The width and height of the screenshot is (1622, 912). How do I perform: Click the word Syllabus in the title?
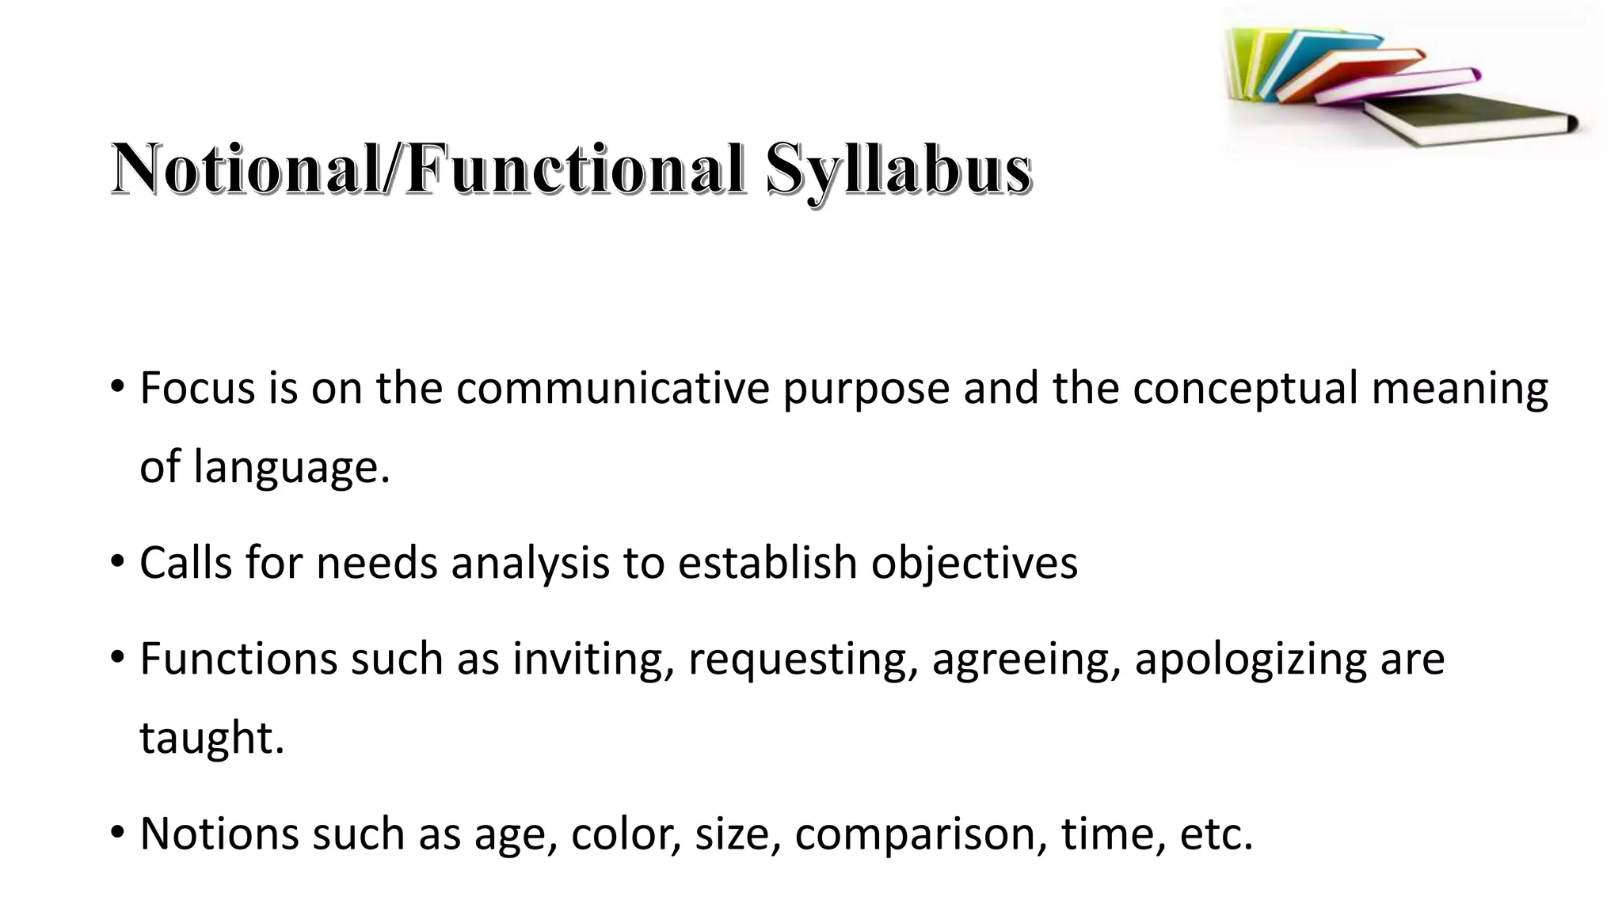pos(898,169)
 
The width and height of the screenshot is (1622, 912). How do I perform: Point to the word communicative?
pos(612,389)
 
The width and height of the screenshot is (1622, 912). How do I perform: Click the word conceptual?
pos(1244,389)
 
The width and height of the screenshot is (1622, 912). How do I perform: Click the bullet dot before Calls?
pos(118,562)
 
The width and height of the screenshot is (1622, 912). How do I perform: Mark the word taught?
pos(211,738)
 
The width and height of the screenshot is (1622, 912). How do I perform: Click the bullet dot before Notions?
pos(118,833)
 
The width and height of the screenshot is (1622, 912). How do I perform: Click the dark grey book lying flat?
pos(1465,119)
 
